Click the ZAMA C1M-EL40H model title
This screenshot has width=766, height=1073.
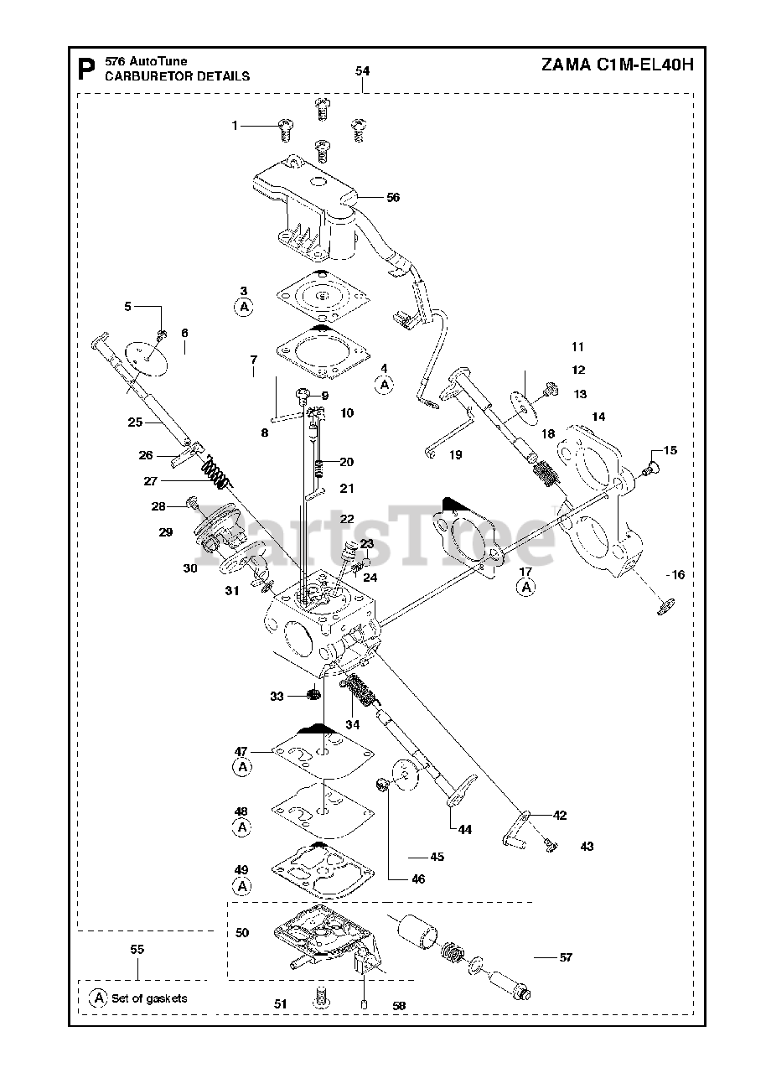pyautogui.click(x=617, y=65)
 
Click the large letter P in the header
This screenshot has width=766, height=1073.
pyautogui.click(x=86, y=70)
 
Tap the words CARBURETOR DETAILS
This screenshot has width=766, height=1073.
pyautogui.click(x=177, y=76)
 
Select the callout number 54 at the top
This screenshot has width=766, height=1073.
pyautogui.click(x=362, y=71)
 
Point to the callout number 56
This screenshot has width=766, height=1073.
pyautogui.click(x=392, y=197)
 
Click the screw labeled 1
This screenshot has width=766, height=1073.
pyautogui.click(x=285, y=130)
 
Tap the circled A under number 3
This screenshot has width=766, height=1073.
pyautogui.click(x=244, y=307)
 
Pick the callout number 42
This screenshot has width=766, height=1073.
pyautogui.click(x=559, y=816)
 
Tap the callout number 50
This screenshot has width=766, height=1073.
pyautogui.click(x=242, y=933)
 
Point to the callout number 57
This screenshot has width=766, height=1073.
pyautogui.click(x=566, y=957)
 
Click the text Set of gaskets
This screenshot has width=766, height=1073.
pyautogui.click(x=149, y=998)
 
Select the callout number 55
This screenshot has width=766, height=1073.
pyautogui.click(x=137, y=949)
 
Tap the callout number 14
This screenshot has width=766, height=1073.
pyautogui.click(x=598, y=417)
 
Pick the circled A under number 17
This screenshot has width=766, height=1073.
pyautogui.click(x=525, y=587)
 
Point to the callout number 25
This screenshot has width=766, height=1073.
pyautogui.click(x=135, y=422)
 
